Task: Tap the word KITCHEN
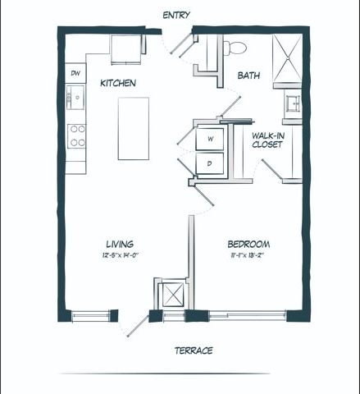pos(118,84)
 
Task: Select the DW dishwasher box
pos(75,73)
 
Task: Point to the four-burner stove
pos(76,135)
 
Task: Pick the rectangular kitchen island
pos(134,128)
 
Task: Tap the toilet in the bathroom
pos(238,46)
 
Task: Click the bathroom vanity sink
pos(292,103)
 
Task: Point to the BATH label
pos(248,76)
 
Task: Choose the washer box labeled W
pos(210,139)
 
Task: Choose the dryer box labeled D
pos(210,164)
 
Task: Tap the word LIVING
pos(120,244)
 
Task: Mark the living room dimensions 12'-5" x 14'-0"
pos(120,255)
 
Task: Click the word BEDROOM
pos(248,244)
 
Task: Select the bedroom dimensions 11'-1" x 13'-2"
pos(248,255)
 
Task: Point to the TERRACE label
pos(194,350)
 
